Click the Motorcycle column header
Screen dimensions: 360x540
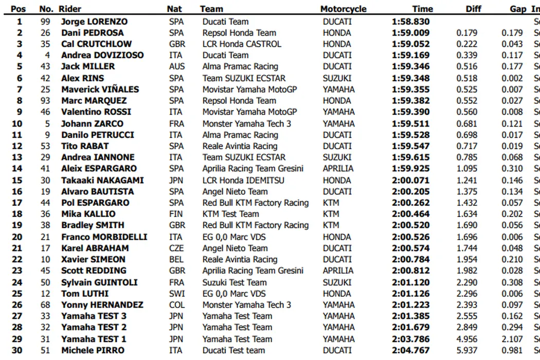click(x=343, y=9)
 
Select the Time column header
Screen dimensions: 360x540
click(x=422, y=9)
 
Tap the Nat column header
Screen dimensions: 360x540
click(x=174, y=9)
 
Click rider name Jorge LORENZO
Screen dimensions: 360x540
click(x=94, y=22)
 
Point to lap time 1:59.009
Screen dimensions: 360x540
click(x=410, y=33)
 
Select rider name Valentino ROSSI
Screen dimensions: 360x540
click(x=96, y=112)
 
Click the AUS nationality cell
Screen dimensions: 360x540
click(x=176, y=66)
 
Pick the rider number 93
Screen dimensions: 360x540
click(x=45, y=100)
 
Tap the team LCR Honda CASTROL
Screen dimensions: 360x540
click(x=242, y=44)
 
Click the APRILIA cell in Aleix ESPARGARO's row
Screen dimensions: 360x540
click(x=338, y=169)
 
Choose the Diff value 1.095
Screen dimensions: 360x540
click(x=467, y=169)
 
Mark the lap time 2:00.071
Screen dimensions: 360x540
click(x=410, y=180)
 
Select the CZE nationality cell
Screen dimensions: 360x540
click(x=176, y=248)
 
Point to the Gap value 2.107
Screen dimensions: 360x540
click(x=512, y=339)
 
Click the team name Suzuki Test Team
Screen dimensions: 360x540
click(x=235, y=282)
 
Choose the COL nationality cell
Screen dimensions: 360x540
click(x=176, y=305)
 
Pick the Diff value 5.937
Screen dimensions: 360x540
click(x=467, y=350)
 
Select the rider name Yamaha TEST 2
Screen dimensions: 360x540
click(x=94, y=328)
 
